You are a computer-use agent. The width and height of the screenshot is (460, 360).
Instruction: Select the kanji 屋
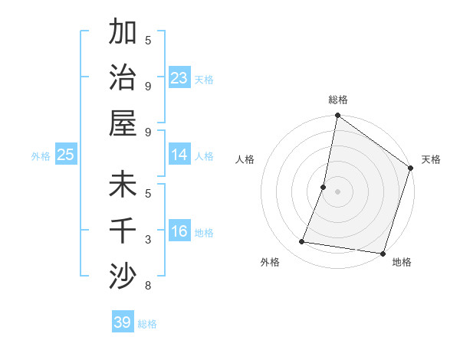123,122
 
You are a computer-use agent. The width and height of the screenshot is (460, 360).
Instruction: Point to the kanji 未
123,185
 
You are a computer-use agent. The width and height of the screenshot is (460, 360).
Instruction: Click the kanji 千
123,230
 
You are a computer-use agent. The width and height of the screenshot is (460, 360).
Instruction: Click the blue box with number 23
179,78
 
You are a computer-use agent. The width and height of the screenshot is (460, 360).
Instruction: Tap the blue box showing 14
179,155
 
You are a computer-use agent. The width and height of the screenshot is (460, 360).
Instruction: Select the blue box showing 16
179,231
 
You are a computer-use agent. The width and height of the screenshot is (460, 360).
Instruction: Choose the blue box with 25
65,155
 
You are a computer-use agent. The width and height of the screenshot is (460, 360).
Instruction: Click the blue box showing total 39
122,322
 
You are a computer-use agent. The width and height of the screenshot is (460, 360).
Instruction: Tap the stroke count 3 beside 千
147,240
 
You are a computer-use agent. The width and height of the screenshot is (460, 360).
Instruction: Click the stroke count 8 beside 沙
147,286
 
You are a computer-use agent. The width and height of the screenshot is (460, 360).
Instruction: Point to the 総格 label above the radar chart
337,100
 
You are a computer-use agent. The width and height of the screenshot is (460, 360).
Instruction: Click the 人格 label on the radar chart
245,159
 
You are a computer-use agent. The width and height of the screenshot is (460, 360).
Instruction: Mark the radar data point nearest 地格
383,253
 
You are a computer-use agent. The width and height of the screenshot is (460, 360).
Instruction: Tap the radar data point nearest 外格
302,242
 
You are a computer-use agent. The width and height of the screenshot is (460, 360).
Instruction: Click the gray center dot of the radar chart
337,191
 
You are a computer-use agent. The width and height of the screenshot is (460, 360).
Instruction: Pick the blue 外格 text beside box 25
40,155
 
